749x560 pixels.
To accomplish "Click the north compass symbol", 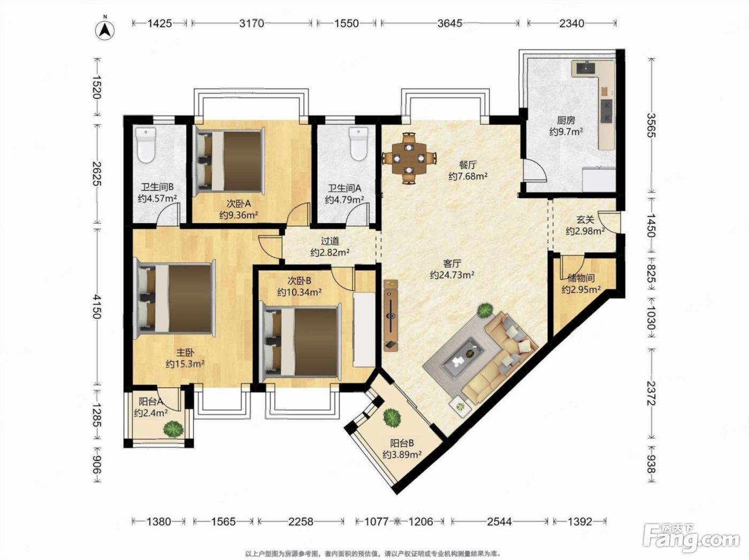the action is pos(105,29).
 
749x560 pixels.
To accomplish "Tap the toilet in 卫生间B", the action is pos(146,145).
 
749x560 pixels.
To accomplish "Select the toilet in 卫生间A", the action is pos(359,143).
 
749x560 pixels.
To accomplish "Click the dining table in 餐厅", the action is pos(409,158).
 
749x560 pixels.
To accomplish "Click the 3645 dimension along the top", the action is pos(450,23).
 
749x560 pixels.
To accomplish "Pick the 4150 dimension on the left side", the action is pos(97,306).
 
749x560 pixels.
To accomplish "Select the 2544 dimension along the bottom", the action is pos(499,521).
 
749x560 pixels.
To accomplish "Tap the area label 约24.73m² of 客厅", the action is pos(452,275).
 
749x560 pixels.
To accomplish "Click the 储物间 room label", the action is pos(581,278).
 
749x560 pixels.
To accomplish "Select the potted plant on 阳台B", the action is pos(392,417).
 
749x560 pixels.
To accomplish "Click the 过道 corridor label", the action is pos(330,241).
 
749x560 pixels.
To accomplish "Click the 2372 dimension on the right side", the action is pos(651,393).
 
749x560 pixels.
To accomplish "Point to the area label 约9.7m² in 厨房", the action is pos(566,132).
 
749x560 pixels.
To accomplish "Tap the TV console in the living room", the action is pos(391,315).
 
